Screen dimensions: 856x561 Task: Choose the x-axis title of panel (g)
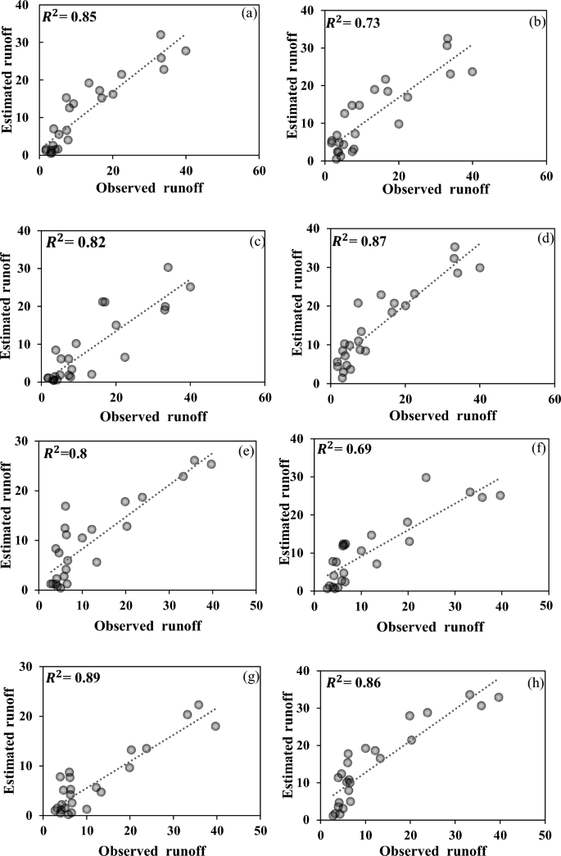point(152,849)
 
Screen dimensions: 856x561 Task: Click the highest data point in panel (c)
point(168,267)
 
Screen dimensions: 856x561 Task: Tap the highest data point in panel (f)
point(426,478)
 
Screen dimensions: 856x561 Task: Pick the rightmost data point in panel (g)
point(215,726)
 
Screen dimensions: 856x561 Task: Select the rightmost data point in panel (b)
point(472,71)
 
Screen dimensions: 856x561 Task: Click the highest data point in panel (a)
point(161,34)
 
